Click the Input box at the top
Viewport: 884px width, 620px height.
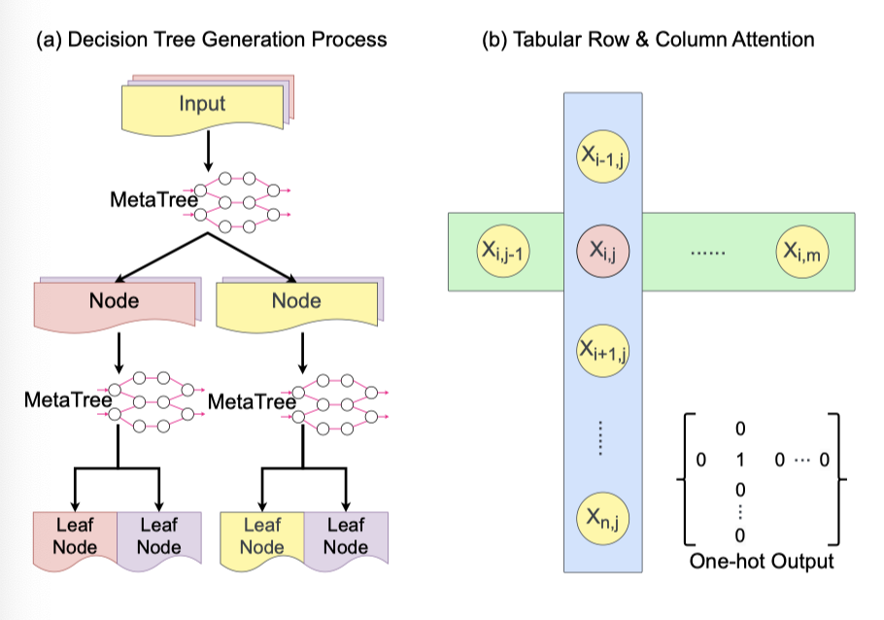pos(201,103)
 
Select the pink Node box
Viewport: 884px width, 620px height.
pos(114,301)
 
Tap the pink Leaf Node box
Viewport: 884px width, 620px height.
pos(75,535)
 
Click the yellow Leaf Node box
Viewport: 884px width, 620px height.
pos(261,535)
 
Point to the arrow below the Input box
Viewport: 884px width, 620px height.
pos(207,153)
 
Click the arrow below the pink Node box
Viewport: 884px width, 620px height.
pos(118,354)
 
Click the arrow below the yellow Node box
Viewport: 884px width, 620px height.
pos(301,354)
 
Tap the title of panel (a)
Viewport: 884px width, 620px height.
pos(211,40)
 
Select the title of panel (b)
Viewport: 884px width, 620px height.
pos(648,40)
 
